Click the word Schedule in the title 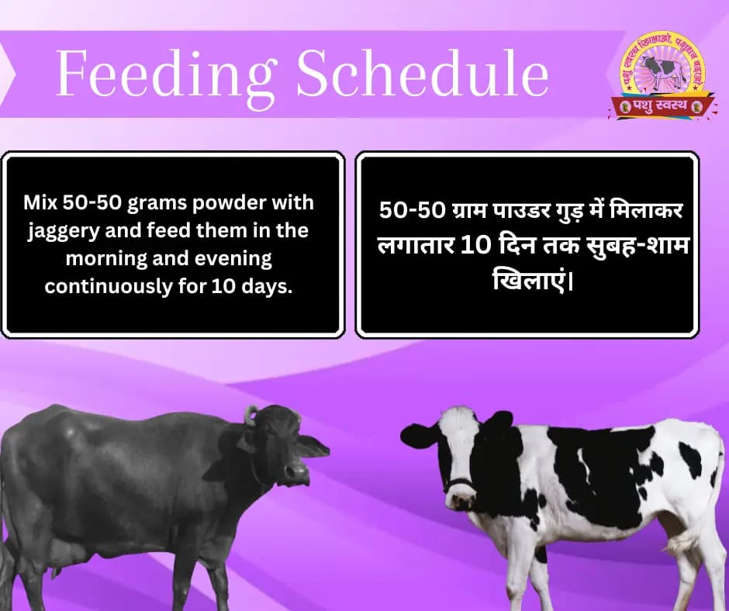[423, 76]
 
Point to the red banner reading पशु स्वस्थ [660, 105]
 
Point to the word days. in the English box [275, 286]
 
